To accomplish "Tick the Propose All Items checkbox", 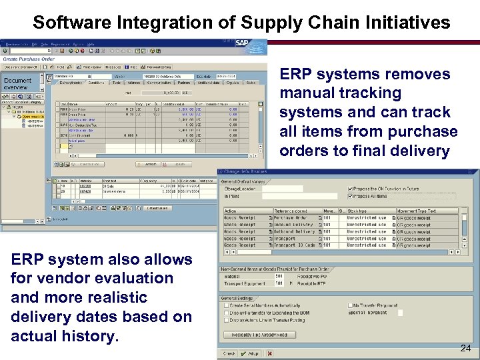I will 351,196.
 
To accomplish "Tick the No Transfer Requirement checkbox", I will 351,305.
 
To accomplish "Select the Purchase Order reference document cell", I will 292,218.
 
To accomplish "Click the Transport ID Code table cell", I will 295,245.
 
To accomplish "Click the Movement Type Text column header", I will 418,211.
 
